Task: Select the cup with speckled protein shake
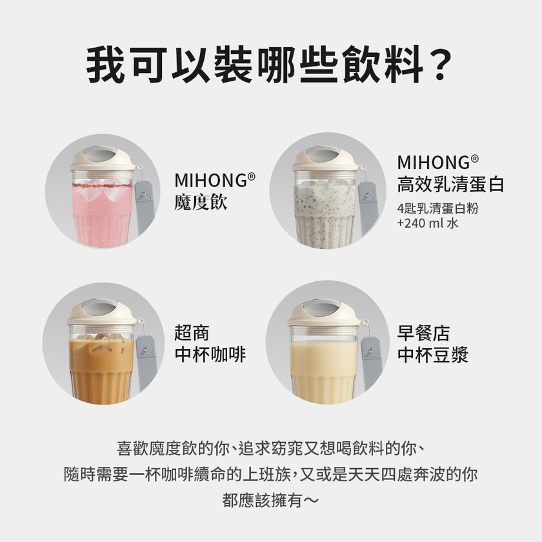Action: pyautogui.click(x=325, y=210)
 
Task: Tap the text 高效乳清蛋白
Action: pyautogui.click(x=450, y=185)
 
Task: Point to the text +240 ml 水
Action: pyautogui.click(x=428, y=224)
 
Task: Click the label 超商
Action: pyautogui.click(x=192, y=334)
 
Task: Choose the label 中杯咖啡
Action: pyautogui.click(x=210, y=354)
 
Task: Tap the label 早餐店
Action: pyautogui.click(x=423, y=334)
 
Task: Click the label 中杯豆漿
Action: pyautogui.click(x=432, y=354)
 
